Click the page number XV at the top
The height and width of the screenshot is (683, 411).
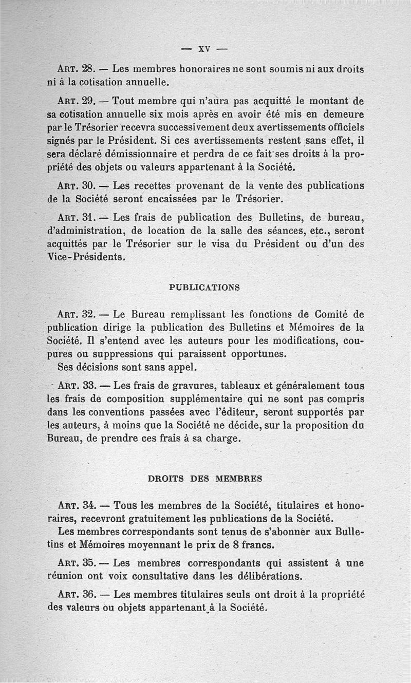[x=205, y=50]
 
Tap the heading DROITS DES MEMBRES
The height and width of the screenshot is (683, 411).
[x=205, y=479]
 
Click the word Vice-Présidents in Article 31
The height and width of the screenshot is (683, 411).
[x=86, y=257]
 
